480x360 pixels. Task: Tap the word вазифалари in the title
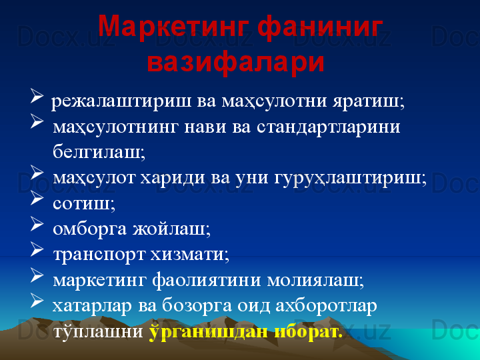click(x=236, y=61)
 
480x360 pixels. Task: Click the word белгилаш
click(x=99, y=151)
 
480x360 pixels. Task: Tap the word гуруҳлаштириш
click(x=350, y=178)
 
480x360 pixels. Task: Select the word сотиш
click(x=84, y=203)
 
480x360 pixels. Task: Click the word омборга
click(x=89, y=229)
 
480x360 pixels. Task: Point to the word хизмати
click(x=189, y=254)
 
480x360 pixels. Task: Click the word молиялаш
click(x=315, y=280)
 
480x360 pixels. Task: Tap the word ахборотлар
click(x=326, y=305)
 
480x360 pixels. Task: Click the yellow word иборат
click(x=308, y=331)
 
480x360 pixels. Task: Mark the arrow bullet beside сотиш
click(x=37, y=198)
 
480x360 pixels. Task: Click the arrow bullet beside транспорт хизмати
click(x=37, y=249)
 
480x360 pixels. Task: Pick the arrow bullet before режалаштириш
click(x=37, y=95)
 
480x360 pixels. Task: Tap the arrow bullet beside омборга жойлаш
click(x=37, y=223)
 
